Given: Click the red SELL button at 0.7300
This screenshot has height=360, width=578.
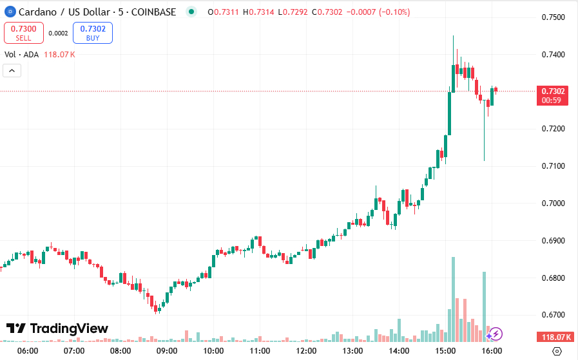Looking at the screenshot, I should tap(24, 33).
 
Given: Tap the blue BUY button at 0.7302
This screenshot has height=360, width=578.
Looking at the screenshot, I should tap(93, 33).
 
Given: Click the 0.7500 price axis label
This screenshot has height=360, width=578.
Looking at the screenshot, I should tap(554, 17).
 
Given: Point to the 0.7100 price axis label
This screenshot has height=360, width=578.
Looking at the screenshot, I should tap(554, 166).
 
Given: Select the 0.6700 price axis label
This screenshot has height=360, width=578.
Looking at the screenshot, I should tap(554, 315).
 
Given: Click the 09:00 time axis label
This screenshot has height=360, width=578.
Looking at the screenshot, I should tap(167, 351).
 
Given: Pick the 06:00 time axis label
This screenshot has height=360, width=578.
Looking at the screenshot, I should tap(28, 351).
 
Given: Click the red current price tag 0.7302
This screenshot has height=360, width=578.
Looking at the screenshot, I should tap(554, 91).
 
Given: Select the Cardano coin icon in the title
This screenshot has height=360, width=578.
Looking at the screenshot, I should tap(10, 12).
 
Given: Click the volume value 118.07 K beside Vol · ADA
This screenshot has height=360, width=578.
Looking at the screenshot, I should tap(59, 55).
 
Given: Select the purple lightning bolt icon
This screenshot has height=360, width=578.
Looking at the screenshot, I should tap(496, 334).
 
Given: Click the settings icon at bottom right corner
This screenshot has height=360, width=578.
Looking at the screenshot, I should tap(557, 351).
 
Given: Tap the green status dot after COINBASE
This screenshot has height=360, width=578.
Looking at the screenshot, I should tap(190, 12).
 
